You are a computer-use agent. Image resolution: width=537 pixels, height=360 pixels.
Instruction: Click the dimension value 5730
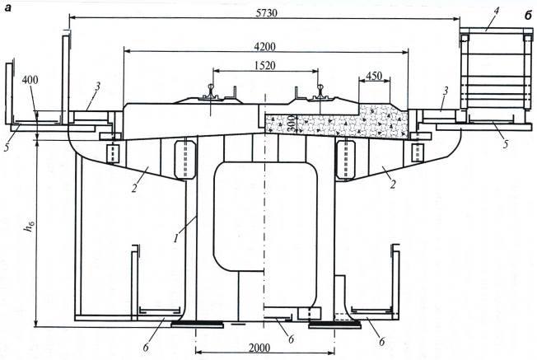[x=267, y=13]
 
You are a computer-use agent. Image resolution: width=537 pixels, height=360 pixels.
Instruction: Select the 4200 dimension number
[x=265, y=47]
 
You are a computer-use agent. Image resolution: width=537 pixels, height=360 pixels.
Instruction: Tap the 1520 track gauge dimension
[x=265, y=65]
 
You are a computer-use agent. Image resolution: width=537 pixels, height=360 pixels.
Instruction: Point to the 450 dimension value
[x=374, y=75]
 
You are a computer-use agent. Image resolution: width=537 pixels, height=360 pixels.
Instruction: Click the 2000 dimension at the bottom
[x=259, y=348]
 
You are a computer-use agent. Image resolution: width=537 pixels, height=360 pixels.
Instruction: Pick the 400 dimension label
[x=30, y=80]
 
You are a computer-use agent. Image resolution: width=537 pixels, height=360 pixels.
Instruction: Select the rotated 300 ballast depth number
[x=292, y=124]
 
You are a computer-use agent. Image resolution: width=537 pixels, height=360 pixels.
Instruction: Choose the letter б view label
[x=528, y=15]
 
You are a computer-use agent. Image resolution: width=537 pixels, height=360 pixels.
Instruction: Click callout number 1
[x=176, y=237]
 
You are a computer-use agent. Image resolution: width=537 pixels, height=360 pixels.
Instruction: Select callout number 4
[x=497, y=11]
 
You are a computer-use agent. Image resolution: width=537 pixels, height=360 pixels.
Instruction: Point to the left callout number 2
[x=134, y=188]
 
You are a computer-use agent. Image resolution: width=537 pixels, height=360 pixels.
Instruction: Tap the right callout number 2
[x=393, y=185]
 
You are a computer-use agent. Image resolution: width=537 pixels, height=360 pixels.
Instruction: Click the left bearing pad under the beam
[x=198, y=323]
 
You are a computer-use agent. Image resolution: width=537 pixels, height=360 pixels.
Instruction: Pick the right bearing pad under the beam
[x=334, y=323]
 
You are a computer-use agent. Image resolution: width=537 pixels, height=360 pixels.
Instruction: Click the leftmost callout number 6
[x=147, y=347]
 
